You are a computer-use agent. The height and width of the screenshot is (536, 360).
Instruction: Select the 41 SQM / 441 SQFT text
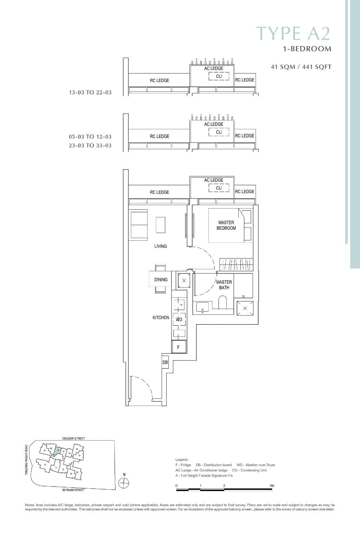[x=301, y=67]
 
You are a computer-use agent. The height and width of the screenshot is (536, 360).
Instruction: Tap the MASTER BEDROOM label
[x=226, y=225]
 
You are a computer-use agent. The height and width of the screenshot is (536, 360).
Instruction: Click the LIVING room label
[x=161, y=246]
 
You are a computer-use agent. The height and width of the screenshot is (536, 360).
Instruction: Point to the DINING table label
[x=161, y=280]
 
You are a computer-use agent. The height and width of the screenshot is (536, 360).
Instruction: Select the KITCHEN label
[x=161, y=318]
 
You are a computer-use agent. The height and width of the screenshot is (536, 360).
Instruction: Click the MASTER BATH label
[x=224, y=285]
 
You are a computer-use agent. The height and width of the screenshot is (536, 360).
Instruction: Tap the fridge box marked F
[x=179, y=347]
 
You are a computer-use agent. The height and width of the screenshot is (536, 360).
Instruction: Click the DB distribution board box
[x=165, y=362]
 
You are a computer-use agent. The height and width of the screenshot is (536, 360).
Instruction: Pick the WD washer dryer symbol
[x=179, y=319]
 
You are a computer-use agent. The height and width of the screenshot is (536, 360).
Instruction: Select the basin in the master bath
[x=203, y=307]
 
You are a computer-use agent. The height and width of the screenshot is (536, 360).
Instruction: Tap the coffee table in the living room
[x=161, y=225]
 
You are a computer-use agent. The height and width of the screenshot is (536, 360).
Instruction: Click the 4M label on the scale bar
[x=272, y=486]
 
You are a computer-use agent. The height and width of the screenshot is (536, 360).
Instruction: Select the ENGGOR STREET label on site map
[x=73, y=438]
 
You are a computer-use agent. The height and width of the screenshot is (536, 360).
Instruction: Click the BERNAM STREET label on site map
[x=73, y=490]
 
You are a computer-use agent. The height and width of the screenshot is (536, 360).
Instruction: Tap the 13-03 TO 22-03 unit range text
[x=90, y=93]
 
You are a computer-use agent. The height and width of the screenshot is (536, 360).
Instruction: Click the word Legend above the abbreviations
[x=182, y=460]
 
